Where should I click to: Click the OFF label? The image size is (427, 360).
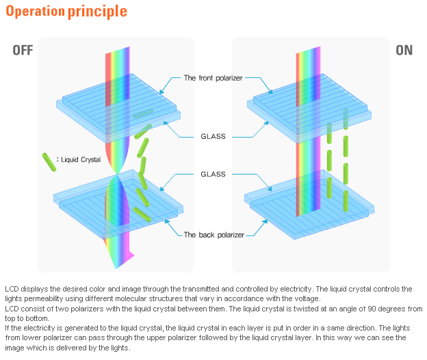click(22, 50)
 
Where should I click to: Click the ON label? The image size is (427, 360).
click(404, 50)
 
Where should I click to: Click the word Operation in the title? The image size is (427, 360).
click(34, 12)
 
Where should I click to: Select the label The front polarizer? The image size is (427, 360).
click(213, 78)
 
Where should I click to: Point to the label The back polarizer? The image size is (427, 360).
click(213, 235)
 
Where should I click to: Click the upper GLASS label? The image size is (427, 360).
click(213, 136)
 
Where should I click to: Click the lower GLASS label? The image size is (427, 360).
click(213, 175)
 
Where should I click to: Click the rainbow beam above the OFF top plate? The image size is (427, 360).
click(117, 65)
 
